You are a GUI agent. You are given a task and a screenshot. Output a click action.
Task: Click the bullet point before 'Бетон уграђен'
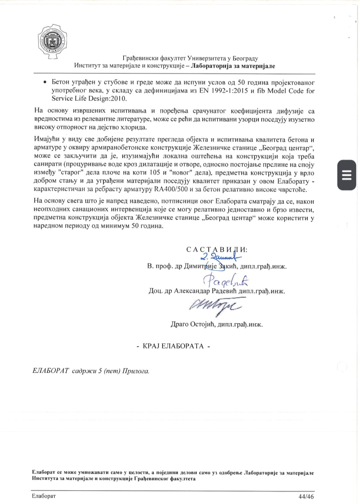[x=45, y=82]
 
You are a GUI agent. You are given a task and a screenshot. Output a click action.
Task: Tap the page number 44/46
[x=306, y=496]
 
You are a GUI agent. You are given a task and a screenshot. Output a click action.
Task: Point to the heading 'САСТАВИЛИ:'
[x=217, y=249]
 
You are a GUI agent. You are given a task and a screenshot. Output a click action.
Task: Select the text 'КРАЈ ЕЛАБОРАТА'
[x=173, y=346]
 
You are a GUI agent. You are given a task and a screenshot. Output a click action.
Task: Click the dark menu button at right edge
[x=347, y=175]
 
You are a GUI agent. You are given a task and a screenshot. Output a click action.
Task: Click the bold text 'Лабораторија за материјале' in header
[x=233, y=66]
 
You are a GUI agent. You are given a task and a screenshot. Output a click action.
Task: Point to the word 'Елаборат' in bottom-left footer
[x=44, y=496]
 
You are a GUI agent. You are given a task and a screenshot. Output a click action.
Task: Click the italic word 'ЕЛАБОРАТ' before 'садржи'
[x=51, y=371]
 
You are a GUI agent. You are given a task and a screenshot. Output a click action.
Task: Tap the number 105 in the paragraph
[x=155, y=173]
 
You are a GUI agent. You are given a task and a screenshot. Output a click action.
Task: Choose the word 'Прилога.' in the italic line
[x=136, y=371]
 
